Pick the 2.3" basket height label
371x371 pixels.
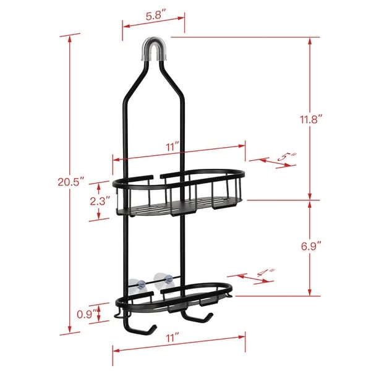click(x=100, y=201)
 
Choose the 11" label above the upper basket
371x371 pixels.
click(x=172, y=146)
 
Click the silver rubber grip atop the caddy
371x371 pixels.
click(x=154, y=51)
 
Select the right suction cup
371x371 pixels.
click(x=161, y=279)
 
